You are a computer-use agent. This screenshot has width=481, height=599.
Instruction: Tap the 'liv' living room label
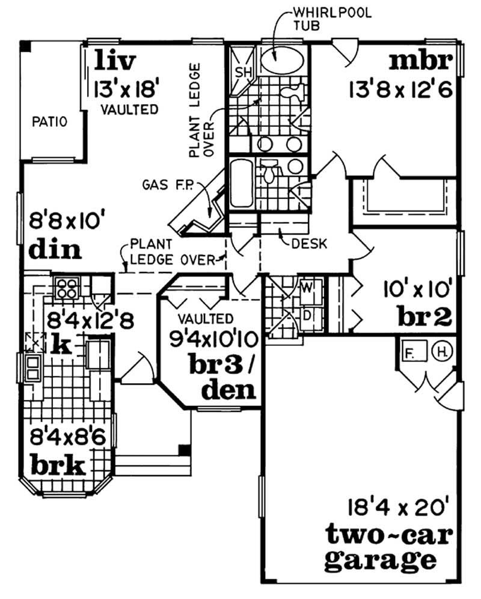115,61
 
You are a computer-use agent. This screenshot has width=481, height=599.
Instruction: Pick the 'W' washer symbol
307,287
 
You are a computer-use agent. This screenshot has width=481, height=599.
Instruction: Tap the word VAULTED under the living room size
129,109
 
